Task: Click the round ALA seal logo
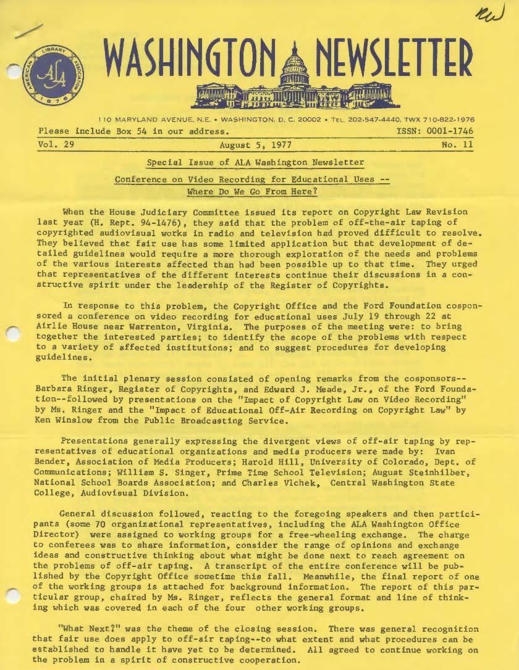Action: click(54, 77)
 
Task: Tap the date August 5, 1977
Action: click(256, 146)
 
